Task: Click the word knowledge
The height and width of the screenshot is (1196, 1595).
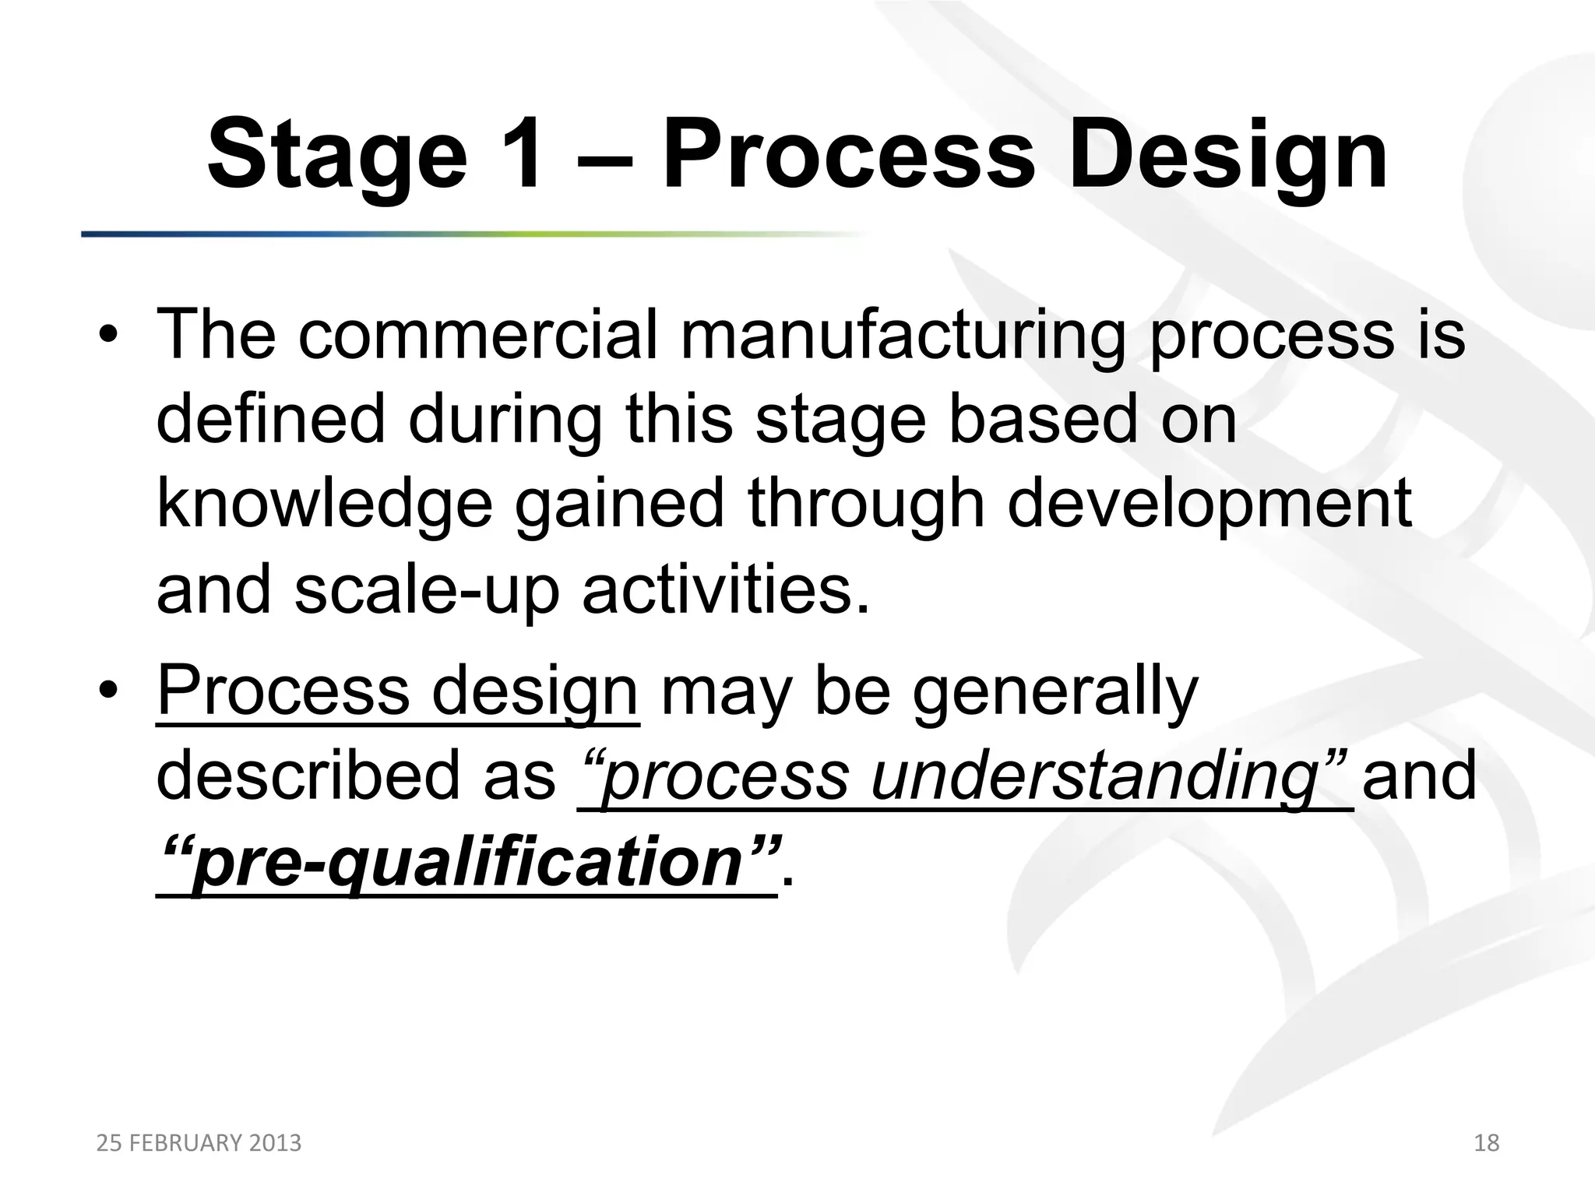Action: point(324,505)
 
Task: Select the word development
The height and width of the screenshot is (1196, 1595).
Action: point(1209,505)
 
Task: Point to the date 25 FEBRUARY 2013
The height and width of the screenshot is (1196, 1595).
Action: point(199,1143)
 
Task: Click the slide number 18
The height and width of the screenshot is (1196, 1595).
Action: point(1486,1143)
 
